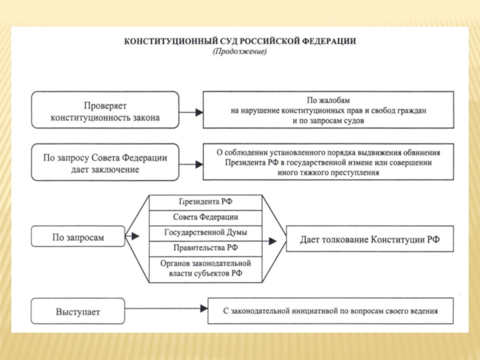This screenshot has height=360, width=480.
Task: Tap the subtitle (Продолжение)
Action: [x=239, y=52]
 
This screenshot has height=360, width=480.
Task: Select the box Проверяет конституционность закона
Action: [x=105, y=110]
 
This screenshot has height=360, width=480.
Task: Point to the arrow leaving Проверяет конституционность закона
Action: [x=190, y=112]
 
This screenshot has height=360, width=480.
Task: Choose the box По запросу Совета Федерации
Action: [x=105, y=163]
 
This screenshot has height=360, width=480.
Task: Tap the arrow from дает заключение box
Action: [x=190, y=163]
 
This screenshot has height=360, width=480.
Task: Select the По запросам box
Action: [x=78, y=238]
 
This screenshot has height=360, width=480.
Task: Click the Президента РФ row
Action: [x=205, y=202]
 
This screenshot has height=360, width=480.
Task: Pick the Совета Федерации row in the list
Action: [x=205, y=217]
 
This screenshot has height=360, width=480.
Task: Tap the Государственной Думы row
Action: [x=205, y=232]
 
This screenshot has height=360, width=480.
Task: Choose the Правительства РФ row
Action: [x=205, y=247]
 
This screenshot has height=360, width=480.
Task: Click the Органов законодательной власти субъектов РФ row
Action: [x=205, y=268]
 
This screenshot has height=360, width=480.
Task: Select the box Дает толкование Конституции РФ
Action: [x=370, y=240]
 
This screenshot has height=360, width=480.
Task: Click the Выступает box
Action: [x=78, y=312]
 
